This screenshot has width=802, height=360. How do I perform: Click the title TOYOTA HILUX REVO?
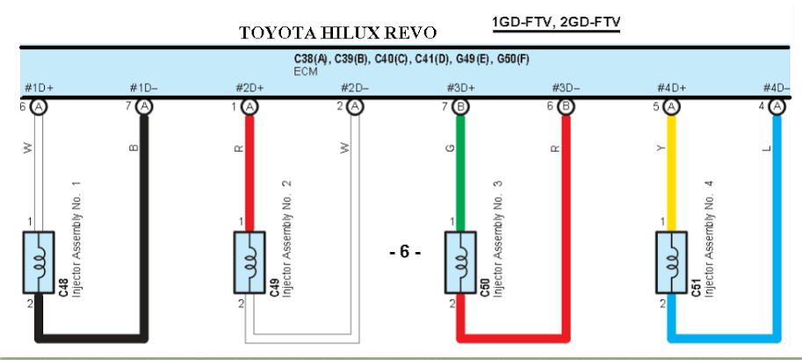(338, 33)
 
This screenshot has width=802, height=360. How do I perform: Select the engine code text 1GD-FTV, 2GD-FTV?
(557, 22)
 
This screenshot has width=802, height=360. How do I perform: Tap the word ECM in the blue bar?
(306, 72)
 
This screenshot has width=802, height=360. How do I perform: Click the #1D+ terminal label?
(39, 88)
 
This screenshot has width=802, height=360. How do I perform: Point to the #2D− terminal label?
(355, 88)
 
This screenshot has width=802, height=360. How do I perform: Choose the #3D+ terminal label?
(460, 88)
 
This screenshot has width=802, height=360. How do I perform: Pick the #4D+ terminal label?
(672, 88)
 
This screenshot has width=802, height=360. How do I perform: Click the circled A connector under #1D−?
(145, 107)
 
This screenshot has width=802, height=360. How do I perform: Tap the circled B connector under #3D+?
(461, 107)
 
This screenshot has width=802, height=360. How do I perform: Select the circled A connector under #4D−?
(777, 107)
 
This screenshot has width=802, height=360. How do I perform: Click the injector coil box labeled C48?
(39, 263)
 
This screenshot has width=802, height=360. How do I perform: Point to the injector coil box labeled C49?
(249, 263)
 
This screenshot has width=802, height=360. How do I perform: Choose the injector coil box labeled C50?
(460, 263)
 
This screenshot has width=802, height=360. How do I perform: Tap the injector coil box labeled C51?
(672, 263)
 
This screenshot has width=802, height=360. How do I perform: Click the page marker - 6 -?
(405, 252)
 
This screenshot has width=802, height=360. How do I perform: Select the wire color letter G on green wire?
(451, 148)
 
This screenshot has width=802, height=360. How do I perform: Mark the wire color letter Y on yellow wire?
(661, 148)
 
